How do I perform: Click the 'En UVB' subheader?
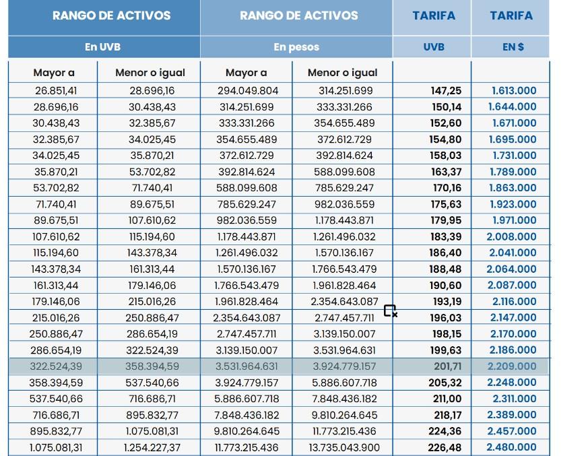click(103, 47)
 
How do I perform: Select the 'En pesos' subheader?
click(296, 47)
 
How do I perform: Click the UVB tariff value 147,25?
click(446, 90)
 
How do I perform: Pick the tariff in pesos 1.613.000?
click(513, 90)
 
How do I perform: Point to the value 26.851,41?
click(56, 90)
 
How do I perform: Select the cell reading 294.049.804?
click(247, 90)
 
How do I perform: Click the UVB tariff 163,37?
click(446, 172)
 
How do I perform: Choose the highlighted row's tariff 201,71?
click(446, 366)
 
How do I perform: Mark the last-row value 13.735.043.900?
click(344, 447)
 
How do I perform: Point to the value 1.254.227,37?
click(152, 447)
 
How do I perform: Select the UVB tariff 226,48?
click(446, 447)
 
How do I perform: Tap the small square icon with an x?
click(390, 311)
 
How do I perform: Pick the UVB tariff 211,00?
click(446, 399)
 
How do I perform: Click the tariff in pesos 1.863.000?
click(513, 188)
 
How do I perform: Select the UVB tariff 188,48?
click(446, 269)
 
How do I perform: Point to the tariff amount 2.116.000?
click(513, 302)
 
